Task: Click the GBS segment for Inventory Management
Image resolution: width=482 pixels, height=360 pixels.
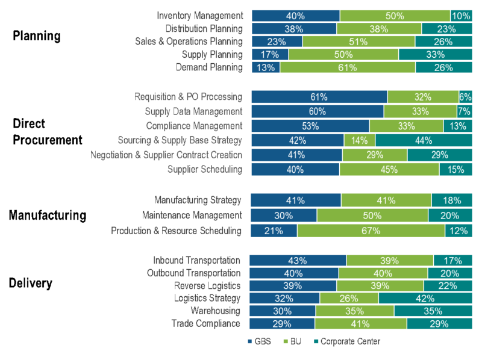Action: coord(295,16)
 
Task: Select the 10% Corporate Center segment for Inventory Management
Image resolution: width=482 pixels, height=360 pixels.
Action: coord(461,16)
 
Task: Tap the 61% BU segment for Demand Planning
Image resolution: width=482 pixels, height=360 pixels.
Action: coord(348,67)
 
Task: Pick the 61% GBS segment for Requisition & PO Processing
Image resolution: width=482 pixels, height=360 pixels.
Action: coord(319,97)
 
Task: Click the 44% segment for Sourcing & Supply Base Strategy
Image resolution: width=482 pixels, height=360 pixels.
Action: coord(424,140)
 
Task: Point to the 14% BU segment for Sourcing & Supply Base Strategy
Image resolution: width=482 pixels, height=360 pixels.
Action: coord(360,140)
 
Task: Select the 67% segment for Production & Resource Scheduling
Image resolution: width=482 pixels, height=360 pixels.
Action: coord(371,231)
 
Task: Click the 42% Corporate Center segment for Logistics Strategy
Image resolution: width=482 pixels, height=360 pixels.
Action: coord(425,298)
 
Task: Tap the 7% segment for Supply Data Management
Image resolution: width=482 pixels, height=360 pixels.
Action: coord(464,111)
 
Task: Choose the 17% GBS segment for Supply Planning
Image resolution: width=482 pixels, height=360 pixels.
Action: coord(270,55)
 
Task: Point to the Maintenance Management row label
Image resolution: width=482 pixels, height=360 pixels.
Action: coord(192,215)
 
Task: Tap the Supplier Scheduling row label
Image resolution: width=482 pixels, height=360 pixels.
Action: coord(205,169)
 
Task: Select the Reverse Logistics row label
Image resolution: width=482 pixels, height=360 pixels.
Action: coord(207,285)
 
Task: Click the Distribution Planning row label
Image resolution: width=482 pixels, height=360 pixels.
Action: coord(204,28)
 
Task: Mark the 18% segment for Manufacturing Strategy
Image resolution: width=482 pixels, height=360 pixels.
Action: coord(452,200)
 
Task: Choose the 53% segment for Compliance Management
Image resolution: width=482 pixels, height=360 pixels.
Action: coord(310,126)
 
